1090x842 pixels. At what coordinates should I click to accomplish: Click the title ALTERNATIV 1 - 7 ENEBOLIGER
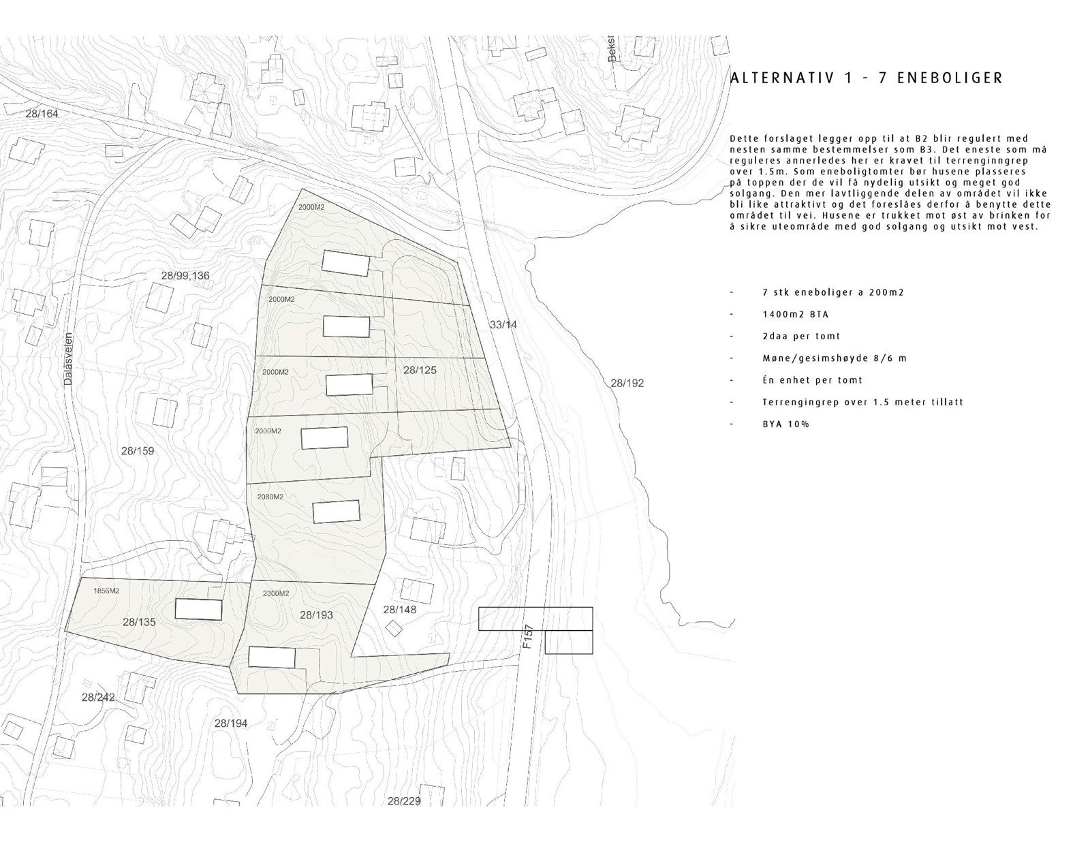866,78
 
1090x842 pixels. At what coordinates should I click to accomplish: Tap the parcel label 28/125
420,371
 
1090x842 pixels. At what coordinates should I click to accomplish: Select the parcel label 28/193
316,615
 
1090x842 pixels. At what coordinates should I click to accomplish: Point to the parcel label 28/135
139,621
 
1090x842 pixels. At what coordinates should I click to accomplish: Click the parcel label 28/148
399,610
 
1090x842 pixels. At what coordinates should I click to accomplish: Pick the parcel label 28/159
138,451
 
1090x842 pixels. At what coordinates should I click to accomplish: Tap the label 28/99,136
185,276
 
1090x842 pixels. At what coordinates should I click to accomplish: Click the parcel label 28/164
42,114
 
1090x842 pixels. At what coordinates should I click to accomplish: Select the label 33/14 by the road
503,325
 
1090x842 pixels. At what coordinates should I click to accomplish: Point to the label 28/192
627,384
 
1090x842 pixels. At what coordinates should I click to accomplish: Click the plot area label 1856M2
106,591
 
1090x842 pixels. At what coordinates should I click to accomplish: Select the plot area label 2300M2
276,593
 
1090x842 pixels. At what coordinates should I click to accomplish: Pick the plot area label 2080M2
270,497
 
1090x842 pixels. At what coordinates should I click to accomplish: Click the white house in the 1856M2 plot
199,609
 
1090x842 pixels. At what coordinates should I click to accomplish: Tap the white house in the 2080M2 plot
336,512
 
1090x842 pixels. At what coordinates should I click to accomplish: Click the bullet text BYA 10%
785,424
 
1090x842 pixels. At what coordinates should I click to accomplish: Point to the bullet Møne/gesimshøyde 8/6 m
835,358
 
